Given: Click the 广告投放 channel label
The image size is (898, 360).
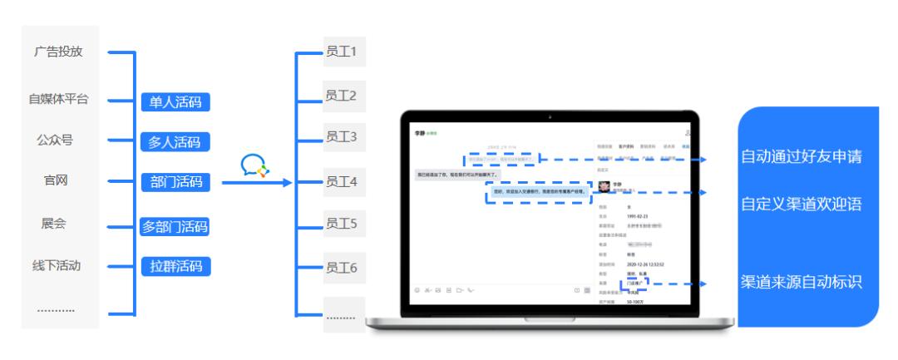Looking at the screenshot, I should (58, 52).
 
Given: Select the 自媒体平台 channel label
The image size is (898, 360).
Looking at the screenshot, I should (58, 100).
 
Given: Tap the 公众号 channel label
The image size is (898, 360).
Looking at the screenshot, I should (55, 140).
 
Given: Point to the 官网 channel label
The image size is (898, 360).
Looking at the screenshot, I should (56, 180).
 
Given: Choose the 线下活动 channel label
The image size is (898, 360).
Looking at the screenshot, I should (57, 266).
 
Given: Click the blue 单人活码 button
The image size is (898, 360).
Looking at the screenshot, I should (175, 102).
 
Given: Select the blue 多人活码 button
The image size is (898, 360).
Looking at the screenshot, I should (175, 141).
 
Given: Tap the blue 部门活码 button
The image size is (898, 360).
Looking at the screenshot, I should (175, 182).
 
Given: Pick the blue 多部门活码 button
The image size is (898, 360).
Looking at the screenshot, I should (175, 226).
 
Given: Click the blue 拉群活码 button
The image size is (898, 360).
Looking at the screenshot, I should (175, 266).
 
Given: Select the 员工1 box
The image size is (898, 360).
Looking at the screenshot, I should (341, 53).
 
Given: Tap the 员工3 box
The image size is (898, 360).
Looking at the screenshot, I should (341, 136).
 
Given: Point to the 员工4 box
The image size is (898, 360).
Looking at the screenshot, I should (341, 180).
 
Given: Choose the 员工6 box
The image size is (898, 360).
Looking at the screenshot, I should (341, 267).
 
